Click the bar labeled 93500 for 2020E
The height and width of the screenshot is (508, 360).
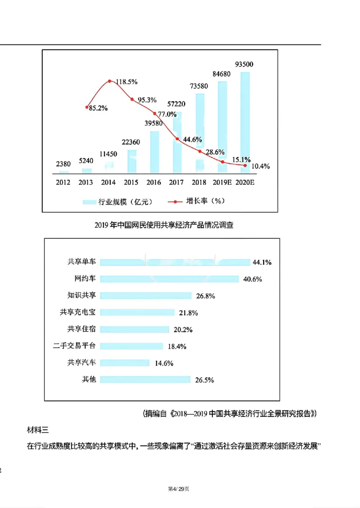coord(245,121)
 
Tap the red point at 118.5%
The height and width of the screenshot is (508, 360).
coord(110,81)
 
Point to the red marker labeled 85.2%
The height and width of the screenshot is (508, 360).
coord(86,107)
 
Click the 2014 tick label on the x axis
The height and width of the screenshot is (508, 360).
coord(109,183)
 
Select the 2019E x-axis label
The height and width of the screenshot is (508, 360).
coord(222,183)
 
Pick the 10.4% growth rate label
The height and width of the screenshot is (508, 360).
coord(261,166)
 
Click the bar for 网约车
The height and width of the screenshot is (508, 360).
coord(169,279)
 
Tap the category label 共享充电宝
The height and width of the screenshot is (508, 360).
coord(78,312)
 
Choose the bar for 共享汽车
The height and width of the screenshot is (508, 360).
coord(125,363)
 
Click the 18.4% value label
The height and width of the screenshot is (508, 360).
coord(176,346)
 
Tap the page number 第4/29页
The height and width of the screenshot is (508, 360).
coord(179,489)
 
